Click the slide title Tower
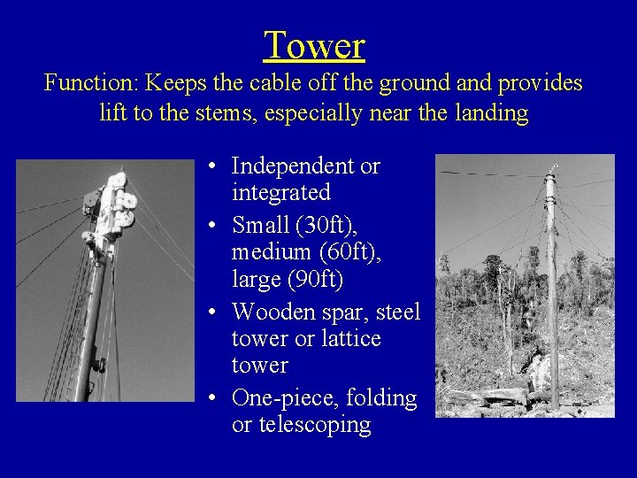click(314, 45)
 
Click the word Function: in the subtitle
click(91, 83)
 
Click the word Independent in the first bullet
click(293, 166)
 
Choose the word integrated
click(280, 191)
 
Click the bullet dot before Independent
click(215, 166)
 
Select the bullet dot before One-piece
click(215, 399)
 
